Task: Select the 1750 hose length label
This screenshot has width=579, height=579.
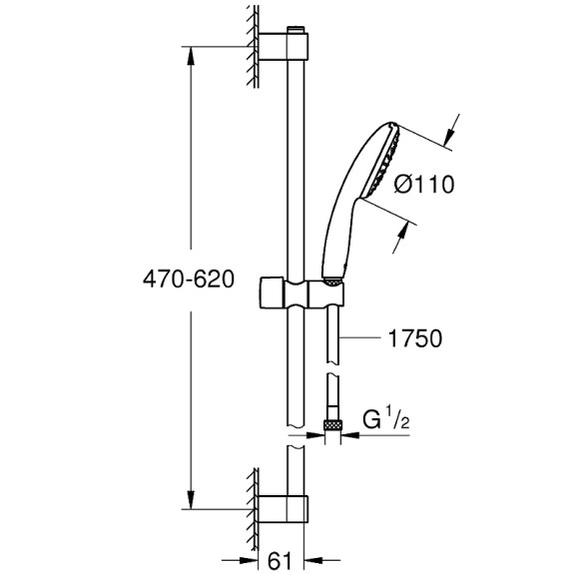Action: pyautogui.click(x=412, y=339)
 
